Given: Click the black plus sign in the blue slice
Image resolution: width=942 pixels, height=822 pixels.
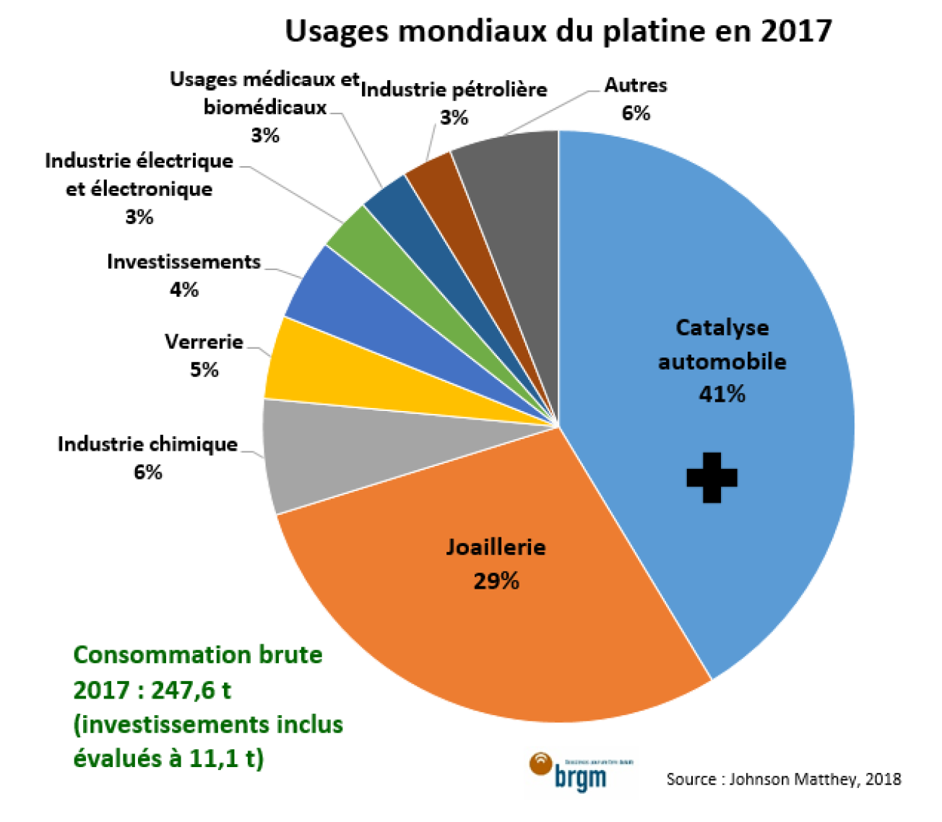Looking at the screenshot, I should click(712, 477).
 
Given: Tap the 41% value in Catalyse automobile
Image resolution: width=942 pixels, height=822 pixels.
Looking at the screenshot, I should click(722, 394).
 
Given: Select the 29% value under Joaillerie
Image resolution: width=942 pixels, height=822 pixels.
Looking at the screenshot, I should click(496, 581).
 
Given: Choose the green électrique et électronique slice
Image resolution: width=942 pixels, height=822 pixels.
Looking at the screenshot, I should click(376, 253).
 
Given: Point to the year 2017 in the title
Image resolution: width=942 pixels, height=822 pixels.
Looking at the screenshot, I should click(795, 31).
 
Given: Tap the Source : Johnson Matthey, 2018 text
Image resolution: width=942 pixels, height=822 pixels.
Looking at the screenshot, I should click(783, 779).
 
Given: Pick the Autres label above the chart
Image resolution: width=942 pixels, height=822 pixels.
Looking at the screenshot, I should click(636, 85).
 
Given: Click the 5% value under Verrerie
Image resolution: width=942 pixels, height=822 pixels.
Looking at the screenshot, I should click(204, 370).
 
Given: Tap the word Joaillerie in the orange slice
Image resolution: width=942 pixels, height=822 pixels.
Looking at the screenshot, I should click(496, 547).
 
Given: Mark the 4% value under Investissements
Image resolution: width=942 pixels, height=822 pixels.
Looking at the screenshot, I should click(184, 290).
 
